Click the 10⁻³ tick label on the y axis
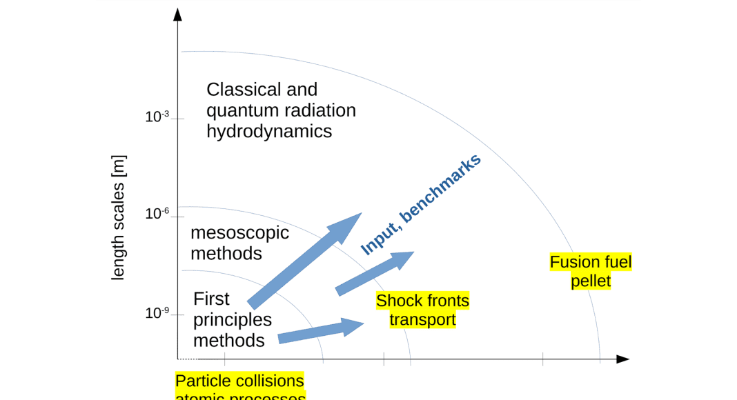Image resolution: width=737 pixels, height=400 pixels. (157, 117)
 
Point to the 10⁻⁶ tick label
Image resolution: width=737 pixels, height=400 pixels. (157, 214)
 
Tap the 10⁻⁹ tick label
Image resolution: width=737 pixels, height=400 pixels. (157, 313)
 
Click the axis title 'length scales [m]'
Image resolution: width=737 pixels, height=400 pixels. (118, 217)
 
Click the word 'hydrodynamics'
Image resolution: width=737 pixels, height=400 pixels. (269, 131)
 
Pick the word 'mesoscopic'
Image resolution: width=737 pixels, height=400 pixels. (239, 232)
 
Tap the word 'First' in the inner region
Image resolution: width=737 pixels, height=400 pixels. (211, 299)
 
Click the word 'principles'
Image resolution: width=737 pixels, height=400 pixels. (233, 319)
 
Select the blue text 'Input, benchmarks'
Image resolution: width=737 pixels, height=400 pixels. (421, 205)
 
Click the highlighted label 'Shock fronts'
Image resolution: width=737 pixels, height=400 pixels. (422, 301)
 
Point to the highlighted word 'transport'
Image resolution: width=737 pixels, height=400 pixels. (422, 320)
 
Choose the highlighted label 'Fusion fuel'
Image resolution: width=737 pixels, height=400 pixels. (591, 262)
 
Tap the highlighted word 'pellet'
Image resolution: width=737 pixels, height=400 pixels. (591, 281)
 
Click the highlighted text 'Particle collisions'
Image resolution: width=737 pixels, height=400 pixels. (239, 381)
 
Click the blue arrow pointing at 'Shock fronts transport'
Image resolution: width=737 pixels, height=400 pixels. (321, 330)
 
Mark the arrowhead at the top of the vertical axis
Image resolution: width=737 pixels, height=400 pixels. (178, 14)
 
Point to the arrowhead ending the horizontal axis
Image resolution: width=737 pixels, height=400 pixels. (622, 359)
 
